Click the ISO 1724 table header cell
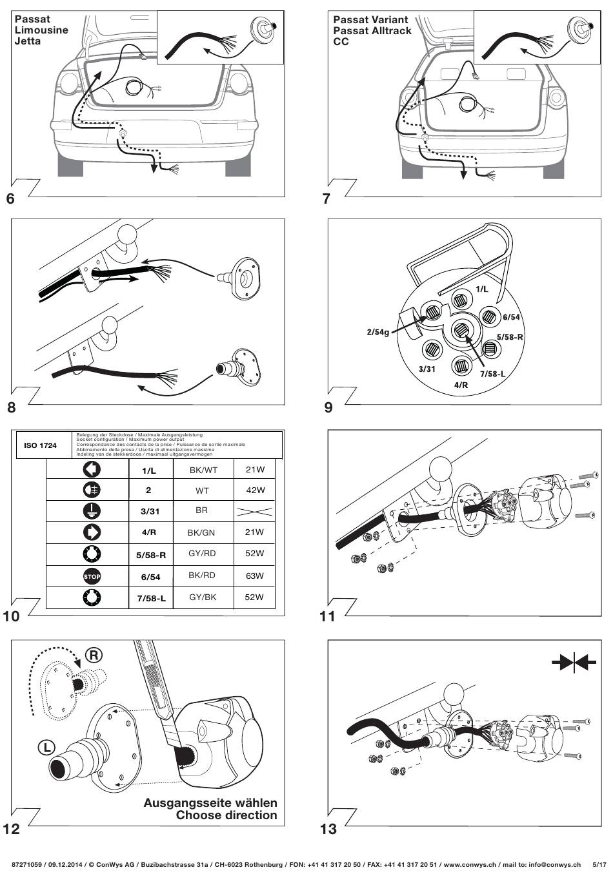point(40,445)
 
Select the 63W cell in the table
point(255,576)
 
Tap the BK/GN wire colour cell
point(201,533)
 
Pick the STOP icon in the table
point(92,576)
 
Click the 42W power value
point(256,490)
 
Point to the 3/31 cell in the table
point(150,511)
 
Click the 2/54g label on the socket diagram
point(377,332)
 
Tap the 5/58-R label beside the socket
point(510,337)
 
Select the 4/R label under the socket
point(461,385)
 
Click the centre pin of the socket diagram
point(461,329)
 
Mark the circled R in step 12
point(94,655)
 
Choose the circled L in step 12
point(47,747)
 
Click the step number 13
point(328,829)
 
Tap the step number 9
point(328,407)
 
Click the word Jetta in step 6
point(28,41)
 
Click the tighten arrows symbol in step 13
point(574,663)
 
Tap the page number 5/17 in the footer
point(599,865)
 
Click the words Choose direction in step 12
point(226,815)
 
